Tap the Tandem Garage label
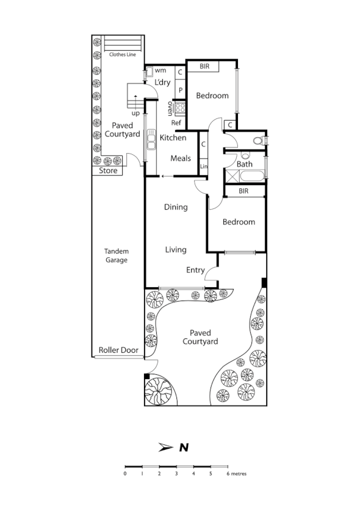[x=116, y=255]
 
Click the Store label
[x=108, y=171]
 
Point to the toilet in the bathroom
[x=259, y=141]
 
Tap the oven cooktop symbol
[x=180, y=109]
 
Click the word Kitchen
[x=173, y=138]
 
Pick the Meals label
[x=180, y=158]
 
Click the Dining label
[x=176, y=207]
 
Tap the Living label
[x=176, y=249]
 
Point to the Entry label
[x=195, y=270]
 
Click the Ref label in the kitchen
[x=176, y=123]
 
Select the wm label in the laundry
[x=160, y=71]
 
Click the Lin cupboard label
[x=203, y=166]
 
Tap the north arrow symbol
[x=165, y=447]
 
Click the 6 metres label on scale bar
[x=237, y=473]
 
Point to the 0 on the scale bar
[x=125, y=473]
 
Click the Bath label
[x=244, y=164]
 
